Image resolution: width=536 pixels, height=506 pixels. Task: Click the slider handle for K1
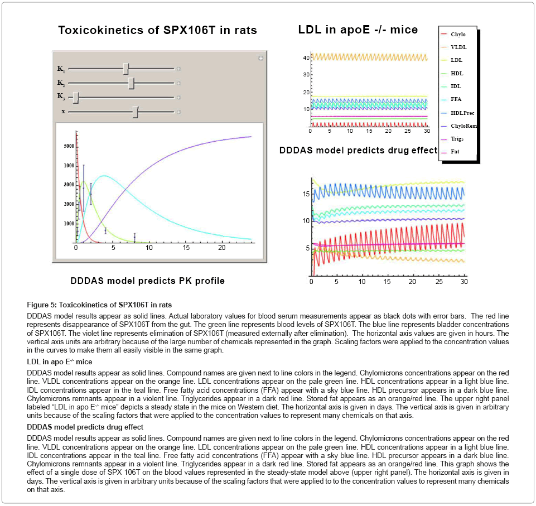pos(126,69)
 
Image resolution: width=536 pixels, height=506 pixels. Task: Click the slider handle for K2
pos(131,83)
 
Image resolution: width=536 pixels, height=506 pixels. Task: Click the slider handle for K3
pos(76,97)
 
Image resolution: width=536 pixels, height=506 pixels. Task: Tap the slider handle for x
pos(136,112)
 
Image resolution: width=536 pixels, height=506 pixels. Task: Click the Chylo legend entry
pos(458,35)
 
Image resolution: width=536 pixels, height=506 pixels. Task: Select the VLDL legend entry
pos(458,47)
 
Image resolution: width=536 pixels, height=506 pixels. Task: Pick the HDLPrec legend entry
pos(462,113)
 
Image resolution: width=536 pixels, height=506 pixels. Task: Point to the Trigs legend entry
pos(457,139)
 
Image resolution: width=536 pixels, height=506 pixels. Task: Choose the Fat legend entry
pos(455,152)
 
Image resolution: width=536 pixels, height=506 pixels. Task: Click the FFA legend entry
pos(456,99)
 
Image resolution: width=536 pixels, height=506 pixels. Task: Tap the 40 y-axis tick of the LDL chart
pos(304,57)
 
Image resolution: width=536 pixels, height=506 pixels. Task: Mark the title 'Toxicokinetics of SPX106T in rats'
pos(157,31)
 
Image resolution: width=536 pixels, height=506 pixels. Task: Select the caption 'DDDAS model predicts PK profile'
pos(148,281)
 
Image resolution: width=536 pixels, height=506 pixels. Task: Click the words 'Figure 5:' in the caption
pos(43,305)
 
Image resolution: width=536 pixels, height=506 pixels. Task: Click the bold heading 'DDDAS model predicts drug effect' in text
pos(85,427)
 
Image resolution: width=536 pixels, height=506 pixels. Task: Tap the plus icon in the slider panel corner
pos(260,58)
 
